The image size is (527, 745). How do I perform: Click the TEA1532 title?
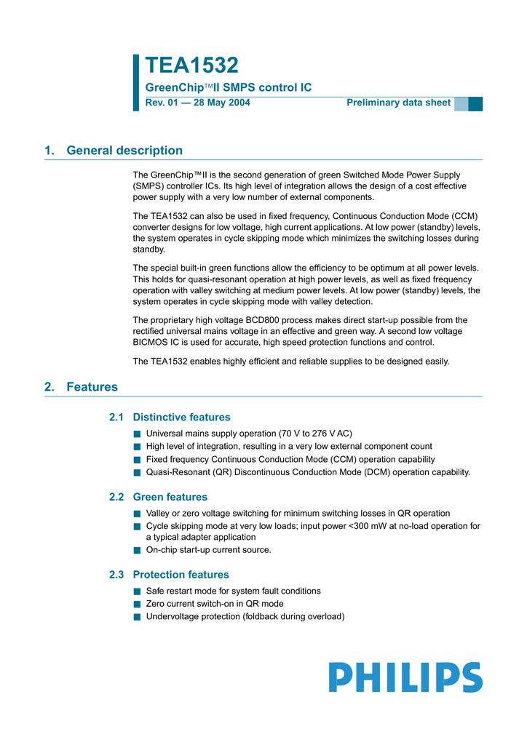click(x=191, y=65)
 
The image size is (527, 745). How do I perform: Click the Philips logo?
click(x=405, y=677)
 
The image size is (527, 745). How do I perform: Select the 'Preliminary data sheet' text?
click(x=398, y=103)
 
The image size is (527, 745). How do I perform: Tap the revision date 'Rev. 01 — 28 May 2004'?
click(x=198, y=103)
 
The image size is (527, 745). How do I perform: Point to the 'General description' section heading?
click(x=124, y=151)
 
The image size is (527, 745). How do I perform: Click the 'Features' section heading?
click(x=92, y=387)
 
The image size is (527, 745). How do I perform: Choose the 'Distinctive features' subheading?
click(x=181, y=418)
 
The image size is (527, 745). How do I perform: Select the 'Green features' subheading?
click(x=170, y=497)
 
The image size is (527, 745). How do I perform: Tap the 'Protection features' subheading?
click(x=181, y=575)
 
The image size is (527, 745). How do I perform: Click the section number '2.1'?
click(x=116, y=418)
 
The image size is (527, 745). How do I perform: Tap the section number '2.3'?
click(x=116, y=575)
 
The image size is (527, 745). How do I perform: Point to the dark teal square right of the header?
click(x=475, y=103)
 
